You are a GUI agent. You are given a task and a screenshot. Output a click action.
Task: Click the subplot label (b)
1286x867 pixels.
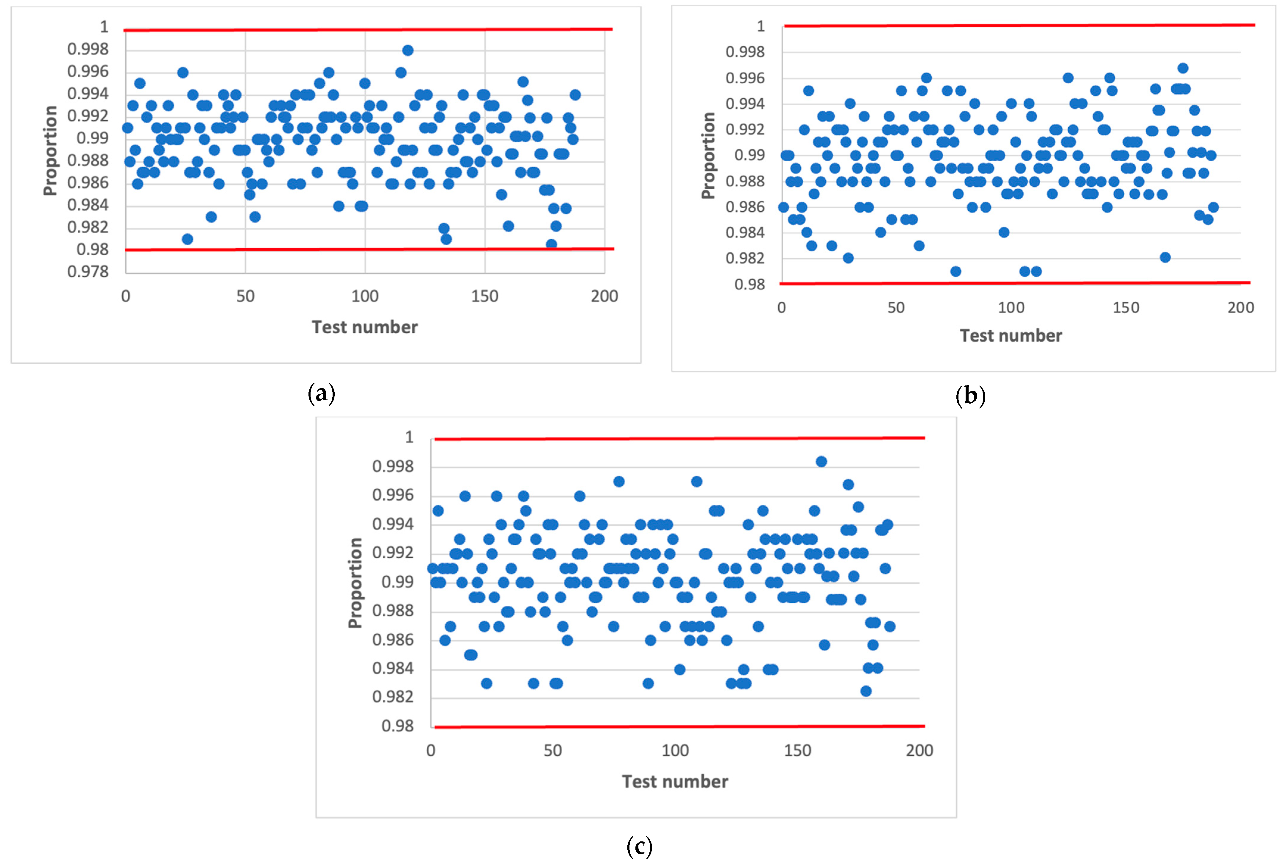[970, 396]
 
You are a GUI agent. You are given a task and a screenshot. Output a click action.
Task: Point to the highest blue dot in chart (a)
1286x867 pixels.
[408, 50]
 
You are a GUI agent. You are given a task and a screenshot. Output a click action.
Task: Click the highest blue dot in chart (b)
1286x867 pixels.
[1183, 68]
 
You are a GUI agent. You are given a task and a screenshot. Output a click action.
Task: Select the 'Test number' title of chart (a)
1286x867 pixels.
[364, 327]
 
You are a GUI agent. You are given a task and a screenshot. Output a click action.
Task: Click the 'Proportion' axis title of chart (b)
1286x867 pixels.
[708, 155]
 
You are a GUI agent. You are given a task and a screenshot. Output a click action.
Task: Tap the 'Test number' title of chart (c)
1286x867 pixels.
[675, 781]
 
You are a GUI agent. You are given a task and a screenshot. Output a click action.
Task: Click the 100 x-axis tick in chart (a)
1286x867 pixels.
[365, 296]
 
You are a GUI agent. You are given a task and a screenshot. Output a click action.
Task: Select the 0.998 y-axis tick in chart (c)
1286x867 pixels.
[393, 467]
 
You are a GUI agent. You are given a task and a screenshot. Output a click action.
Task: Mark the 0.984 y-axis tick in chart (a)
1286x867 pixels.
[88, 205]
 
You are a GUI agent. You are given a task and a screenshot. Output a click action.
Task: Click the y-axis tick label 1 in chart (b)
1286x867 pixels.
[760, 26]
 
